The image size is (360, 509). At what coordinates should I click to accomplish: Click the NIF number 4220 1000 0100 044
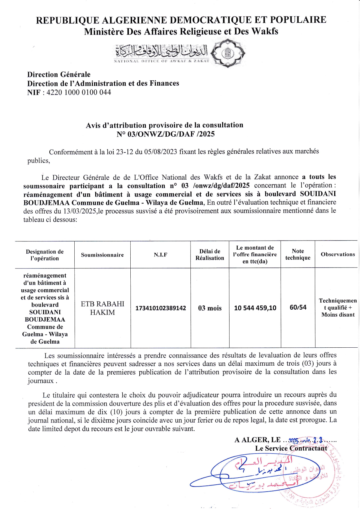[x=79, y=93]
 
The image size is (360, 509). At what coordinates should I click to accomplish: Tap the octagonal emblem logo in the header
[x=228, y=53]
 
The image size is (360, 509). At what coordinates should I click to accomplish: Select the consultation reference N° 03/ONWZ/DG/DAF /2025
[x=165, y=134]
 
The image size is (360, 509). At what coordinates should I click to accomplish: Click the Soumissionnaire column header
[x=102, y=255]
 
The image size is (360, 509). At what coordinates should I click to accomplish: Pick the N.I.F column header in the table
[x=161, y=255]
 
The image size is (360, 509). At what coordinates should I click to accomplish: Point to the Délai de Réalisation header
[x=210, y=255]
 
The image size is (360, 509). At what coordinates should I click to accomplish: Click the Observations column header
[x=338, y=254]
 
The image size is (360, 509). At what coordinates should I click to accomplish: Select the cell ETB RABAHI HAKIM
[x=102, y=308]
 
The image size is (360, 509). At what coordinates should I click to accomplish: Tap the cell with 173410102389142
[x=161, y=308]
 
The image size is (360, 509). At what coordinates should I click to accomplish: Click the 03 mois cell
[x=210, y=308]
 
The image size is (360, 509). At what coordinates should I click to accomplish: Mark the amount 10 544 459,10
[x=255, y=308]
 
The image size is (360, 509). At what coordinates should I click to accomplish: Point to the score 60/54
[x=298, y=307]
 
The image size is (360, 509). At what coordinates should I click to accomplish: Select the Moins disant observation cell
[x=338, y=308]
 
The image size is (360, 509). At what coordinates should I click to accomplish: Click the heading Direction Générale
[x=59, y=75]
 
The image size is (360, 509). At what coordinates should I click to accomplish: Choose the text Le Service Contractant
[x=291, y=448]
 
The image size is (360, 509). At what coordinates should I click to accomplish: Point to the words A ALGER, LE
[x=258, y=440]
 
